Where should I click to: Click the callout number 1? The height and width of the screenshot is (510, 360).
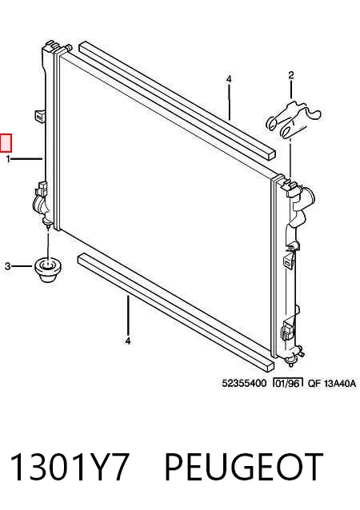[x=8, y=159]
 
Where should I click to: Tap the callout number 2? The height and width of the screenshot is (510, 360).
[x=291, y=75]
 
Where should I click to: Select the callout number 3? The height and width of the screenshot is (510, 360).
[x=8, y=267]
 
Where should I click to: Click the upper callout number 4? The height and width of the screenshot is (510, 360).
[x=229, y=79]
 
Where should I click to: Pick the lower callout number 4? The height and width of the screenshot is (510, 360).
[x=128, y=341]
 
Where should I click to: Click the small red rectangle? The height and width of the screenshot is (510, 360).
[x=6, y=143]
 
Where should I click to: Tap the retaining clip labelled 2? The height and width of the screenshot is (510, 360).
[x=294, y=120]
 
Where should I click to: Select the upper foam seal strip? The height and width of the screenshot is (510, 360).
[x=177, y=100]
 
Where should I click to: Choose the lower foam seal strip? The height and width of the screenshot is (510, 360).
[x=176, y=313]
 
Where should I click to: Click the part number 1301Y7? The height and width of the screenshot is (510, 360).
[x=70, y=466]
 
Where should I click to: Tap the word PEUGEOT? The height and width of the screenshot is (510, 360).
[x=243, y=466]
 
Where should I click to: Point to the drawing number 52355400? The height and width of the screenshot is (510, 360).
[x=244, y=383]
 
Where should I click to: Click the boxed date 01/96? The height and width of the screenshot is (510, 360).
[x=288, y=383]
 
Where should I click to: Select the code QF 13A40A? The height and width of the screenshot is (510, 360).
[x=332, y=383]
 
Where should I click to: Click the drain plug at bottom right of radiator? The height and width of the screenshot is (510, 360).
[x=290, y=361]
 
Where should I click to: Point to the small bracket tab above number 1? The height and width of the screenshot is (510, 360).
[x=39, y=115]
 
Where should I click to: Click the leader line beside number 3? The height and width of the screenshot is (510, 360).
[x=22, y=266]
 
